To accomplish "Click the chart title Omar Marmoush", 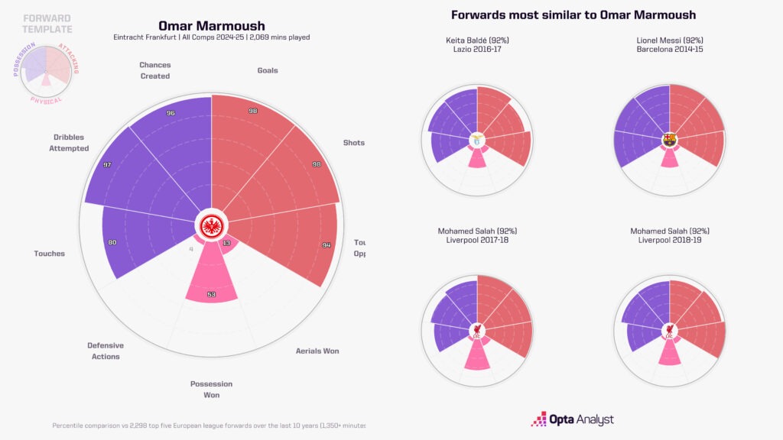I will (x=211, y=26).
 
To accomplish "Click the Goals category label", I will (x=268, y=70).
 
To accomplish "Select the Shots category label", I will (x=354, y=143).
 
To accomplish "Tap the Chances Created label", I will (x=154, y=70).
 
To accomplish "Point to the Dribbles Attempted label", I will (x=70, y=143).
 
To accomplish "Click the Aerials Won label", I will (x=317, y=351).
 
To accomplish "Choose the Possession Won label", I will (x=211, y=390).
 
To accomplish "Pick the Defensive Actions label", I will (x=106, y=351).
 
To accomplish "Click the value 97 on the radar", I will (x=106, y=165).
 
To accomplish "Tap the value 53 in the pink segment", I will (x=210, y=294).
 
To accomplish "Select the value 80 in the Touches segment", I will (x=112, y=243).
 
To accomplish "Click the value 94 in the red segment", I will (x=327, y=245).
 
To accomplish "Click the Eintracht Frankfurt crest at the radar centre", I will (x=211, y=225).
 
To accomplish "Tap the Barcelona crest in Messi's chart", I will (x=670, y=140).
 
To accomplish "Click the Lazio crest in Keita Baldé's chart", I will (x=477, y=140).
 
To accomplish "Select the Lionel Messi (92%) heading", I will (x=670, y=40).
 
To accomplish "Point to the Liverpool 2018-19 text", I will (x=670, y=241).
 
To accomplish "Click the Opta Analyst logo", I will (x=573, y=419).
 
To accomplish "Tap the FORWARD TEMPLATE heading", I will (x=47, y=24).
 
